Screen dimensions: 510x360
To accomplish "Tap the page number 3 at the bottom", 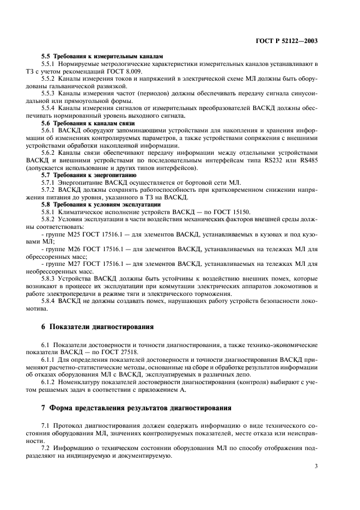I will [316, 466].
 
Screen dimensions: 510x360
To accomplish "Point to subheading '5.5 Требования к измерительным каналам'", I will [102, 57].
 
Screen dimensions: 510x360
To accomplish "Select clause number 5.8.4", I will [51, 300].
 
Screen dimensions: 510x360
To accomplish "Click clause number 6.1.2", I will [50, 383].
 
